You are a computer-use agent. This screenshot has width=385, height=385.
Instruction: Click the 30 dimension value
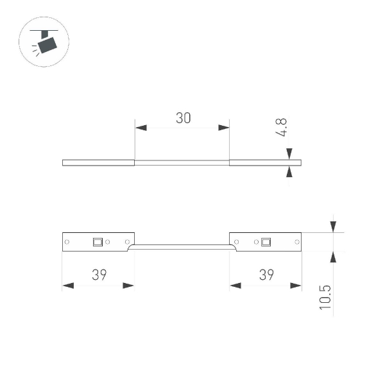click(x=183, y=118)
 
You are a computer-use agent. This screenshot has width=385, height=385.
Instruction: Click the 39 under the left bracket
click(x=98, y=275)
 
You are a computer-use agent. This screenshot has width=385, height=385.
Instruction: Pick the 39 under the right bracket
click(x=266, y=275)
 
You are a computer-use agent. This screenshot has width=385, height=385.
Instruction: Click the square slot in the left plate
click(x=98, y=242)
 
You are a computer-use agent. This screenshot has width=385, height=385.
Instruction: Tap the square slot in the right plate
click(x=266, y=242)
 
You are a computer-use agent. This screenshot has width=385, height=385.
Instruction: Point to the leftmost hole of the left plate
click(x=67, y=242)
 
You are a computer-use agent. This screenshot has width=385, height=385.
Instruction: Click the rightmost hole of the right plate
click(x=296, y=242)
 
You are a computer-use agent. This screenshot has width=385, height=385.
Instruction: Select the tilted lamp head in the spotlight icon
click(x=47, y=45)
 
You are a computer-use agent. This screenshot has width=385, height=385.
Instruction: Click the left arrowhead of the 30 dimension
click(x=141, y=128)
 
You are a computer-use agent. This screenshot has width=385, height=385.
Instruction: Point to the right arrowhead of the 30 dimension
click(x=224, y=128)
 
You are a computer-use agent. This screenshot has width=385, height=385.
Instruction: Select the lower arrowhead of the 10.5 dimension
click(x=333, y=255)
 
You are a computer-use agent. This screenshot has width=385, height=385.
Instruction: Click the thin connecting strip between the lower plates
click(x=182, y=244)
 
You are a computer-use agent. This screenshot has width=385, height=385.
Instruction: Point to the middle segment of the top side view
click(x=182, y=162)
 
